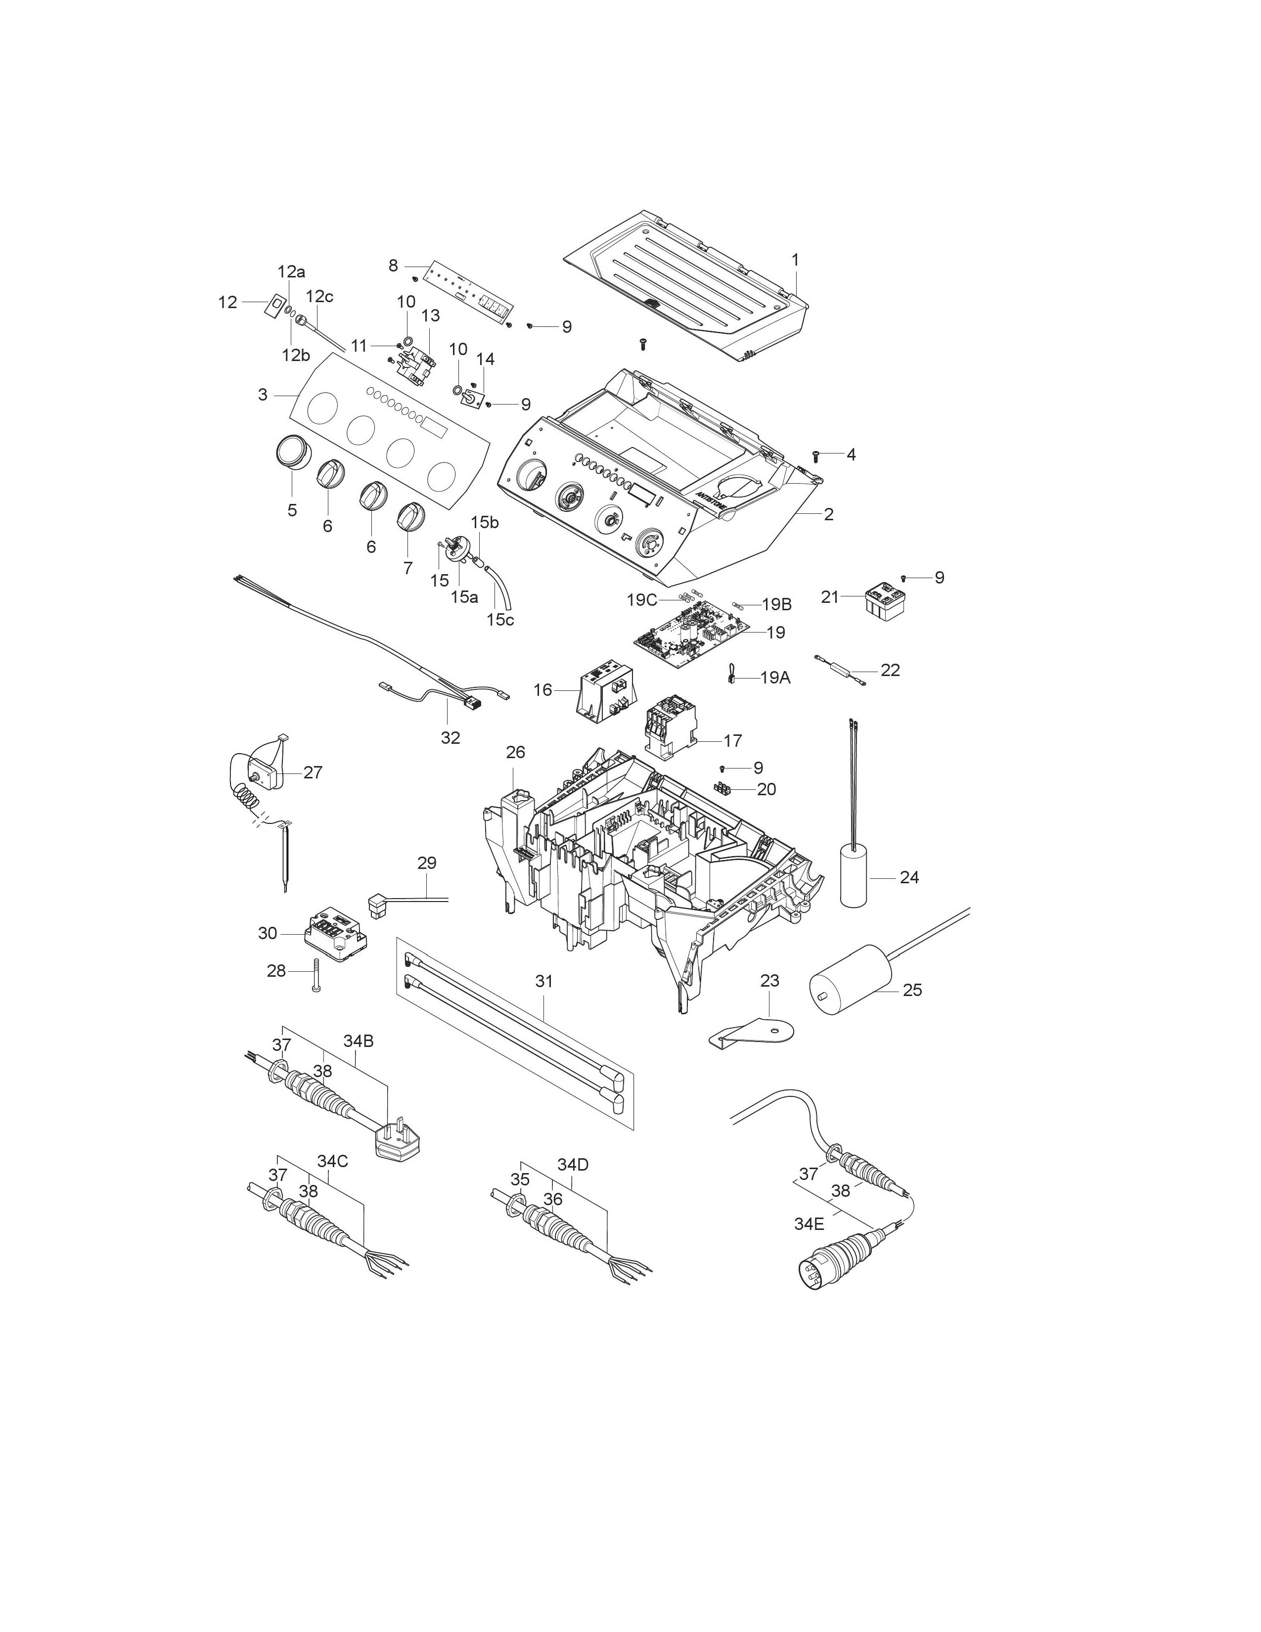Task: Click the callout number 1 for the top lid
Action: (x=795, y=260)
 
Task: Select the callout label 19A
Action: (x=775, y=678)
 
